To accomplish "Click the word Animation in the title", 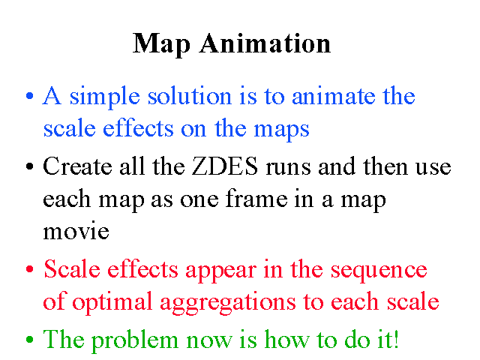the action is click(265, 43).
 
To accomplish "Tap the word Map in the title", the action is click(162, 45).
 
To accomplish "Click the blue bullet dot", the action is click(30, 96).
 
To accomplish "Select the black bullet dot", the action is click(30, 166).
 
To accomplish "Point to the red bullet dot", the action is click(30, 269).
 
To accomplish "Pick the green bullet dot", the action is click(30, 339).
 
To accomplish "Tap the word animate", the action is click(333, 96).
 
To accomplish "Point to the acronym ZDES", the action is click(225, 166).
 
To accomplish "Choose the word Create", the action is click(77, 166).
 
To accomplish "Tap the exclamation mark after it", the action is click(396, 339).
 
